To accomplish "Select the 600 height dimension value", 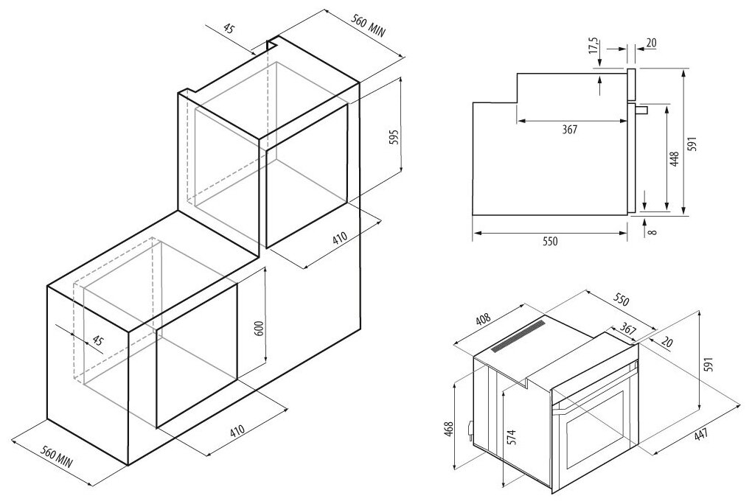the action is tap(259, 328).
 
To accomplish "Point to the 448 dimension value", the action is tap(675, 159).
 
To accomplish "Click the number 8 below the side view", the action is tap(652, 232).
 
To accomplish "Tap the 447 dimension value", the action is tap(700, 435).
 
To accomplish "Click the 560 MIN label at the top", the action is tap(369, 26).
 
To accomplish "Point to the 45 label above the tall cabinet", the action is tap(229, 29).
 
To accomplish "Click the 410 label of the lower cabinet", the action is tap(237, 430).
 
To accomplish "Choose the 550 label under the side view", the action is tap(550, 241).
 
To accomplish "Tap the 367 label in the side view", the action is tap(570, 129).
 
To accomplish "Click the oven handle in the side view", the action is tap(642, 110).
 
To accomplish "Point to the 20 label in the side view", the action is tap(651, 43).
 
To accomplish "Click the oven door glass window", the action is tap(595, 429).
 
